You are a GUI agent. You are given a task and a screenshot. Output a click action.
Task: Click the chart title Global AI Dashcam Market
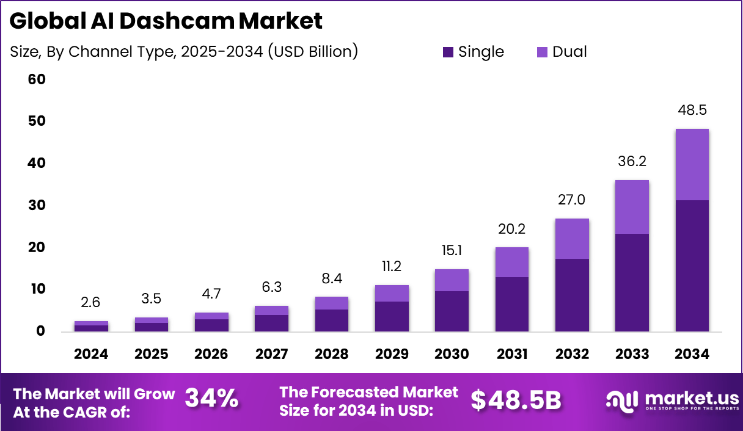166,21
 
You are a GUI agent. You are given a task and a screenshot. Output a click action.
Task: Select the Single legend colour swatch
448,53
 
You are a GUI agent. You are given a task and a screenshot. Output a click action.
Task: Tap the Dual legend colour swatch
542,53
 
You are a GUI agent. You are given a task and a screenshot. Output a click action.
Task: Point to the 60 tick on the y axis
37,79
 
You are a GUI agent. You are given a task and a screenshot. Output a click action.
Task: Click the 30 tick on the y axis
37,205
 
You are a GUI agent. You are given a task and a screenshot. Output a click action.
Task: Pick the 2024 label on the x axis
91,355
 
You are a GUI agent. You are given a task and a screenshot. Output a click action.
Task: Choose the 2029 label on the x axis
392,355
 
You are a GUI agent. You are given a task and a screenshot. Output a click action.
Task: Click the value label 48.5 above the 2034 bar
692,111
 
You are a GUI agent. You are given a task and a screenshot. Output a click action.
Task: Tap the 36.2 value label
632,162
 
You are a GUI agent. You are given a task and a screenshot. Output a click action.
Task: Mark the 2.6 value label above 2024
91,303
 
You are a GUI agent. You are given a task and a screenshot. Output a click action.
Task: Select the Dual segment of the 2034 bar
692,164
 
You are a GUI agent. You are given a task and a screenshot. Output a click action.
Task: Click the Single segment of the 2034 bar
692,266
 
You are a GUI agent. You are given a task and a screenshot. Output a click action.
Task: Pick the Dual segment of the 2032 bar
572,239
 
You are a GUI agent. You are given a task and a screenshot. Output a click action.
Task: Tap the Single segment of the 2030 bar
452,311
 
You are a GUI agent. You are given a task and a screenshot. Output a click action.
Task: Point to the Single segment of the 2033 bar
632,283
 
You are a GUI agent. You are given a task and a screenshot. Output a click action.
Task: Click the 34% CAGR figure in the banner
211,399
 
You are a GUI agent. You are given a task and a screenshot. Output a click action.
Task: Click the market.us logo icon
622,400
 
